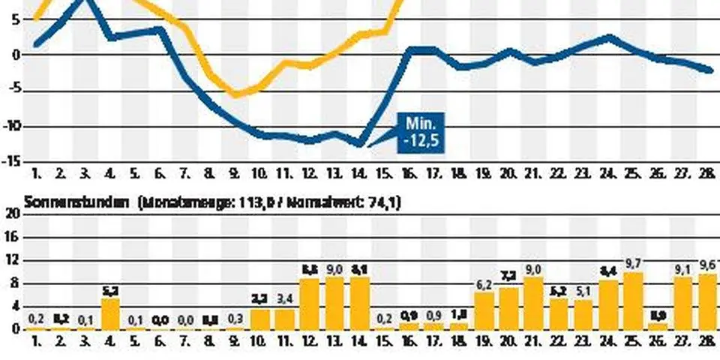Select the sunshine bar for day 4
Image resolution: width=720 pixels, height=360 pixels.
point(110,313)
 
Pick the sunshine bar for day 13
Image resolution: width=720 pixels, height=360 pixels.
point(334,303)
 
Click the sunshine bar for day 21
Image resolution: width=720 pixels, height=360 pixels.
point(533,303)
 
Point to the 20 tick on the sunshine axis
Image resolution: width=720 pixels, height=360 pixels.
point(12,214)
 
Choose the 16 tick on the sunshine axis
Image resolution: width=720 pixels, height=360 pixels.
point(12,237)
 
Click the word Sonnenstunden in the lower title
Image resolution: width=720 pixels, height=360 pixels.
point(65,202)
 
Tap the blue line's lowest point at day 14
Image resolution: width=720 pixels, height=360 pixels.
point(360,144)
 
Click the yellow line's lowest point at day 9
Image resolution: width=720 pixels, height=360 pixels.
point(235,94)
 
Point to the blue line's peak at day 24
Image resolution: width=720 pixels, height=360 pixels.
point(608,37)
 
